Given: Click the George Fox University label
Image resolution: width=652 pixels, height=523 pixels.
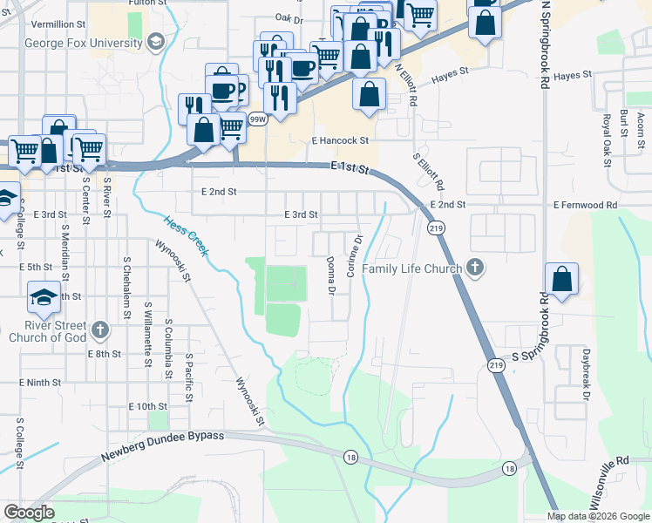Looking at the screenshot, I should coord(84,42).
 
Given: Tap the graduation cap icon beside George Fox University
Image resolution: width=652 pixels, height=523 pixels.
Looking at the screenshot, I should coord(155,41).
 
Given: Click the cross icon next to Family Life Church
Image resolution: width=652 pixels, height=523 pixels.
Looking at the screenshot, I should coord(475,267).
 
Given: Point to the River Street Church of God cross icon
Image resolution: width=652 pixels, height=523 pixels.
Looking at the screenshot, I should coord(101,330).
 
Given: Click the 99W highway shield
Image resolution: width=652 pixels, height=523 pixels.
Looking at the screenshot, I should coord(257,119).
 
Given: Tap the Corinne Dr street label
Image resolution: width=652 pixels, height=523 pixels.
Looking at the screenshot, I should coord(354,255).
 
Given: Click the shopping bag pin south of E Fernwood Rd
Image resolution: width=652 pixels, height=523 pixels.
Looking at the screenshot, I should coord(562,281).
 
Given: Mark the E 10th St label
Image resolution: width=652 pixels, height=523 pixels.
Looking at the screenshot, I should coord(147,406).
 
